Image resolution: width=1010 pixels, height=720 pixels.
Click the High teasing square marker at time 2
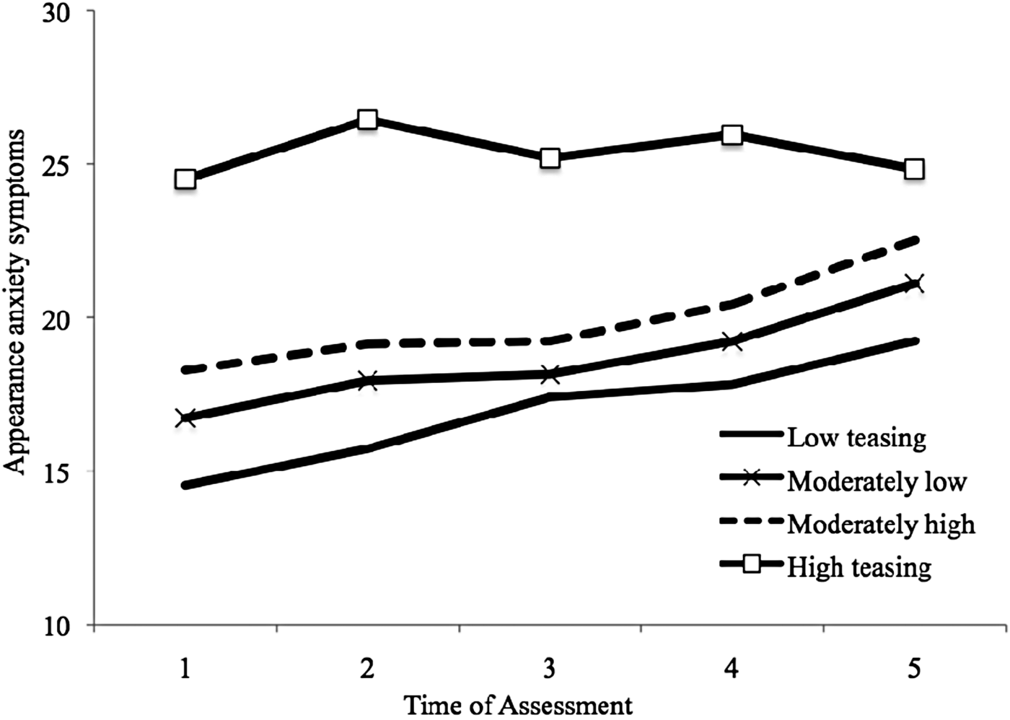[x=367, y=120]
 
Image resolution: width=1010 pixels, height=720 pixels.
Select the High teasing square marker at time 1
[x=185, y=179]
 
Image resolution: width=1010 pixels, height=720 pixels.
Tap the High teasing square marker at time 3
[x=550, y=158]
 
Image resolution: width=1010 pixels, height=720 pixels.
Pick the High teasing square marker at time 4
[x=732, y=135]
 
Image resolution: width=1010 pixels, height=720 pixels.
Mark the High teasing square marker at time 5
[x=914, y=169]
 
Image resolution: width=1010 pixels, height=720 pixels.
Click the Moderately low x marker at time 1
[x=185, y=418]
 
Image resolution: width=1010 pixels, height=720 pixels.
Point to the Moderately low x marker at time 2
[x=367, y=380]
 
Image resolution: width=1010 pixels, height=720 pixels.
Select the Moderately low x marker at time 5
[x=914, y=284]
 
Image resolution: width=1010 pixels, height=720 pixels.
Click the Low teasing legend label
[x=856, y=437]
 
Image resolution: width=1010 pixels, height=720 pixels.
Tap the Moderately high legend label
[x=881, y=524]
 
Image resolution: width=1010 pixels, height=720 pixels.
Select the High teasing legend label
[x=859, y=567]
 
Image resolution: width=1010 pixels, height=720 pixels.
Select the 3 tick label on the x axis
[x=550, y=669]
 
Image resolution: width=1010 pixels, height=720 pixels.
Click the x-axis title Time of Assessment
[x=518, y=705]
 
